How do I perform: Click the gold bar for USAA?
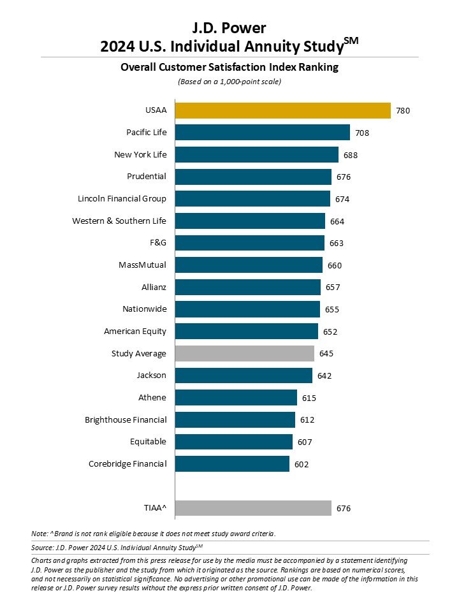[282, 110]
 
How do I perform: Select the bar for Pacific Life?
[262, 133]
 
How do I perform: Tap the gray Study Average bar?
[244, 353]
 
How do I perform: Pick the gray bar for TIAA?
[252, 508]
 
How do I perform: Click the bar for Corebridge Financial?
[231, 464]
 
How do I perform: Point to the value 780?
[403, 111]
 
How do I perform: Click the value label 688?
[351, 155]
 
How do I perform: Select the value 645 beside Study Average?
[326, 354]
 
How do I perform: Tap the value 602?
[302, 465]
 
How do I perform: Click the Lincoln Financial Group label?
[122, 198]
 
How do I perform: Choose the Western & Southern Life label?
[119, 221]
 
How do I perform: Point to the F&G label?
[157, 243]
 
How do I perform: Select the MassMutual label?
[142, 265]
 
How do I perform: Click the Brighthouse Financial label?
[126, 419]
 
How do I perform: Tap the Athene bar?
[235, 398]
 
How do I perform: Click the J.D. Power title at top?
[229, 28]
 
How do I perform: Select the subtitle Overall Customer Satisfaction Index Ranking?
[229, 67]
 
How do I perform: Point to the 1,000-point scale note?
[229, 82]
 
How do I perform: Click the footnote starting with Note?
[153, 533]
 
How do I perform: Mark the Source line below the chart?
[121, 548]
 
